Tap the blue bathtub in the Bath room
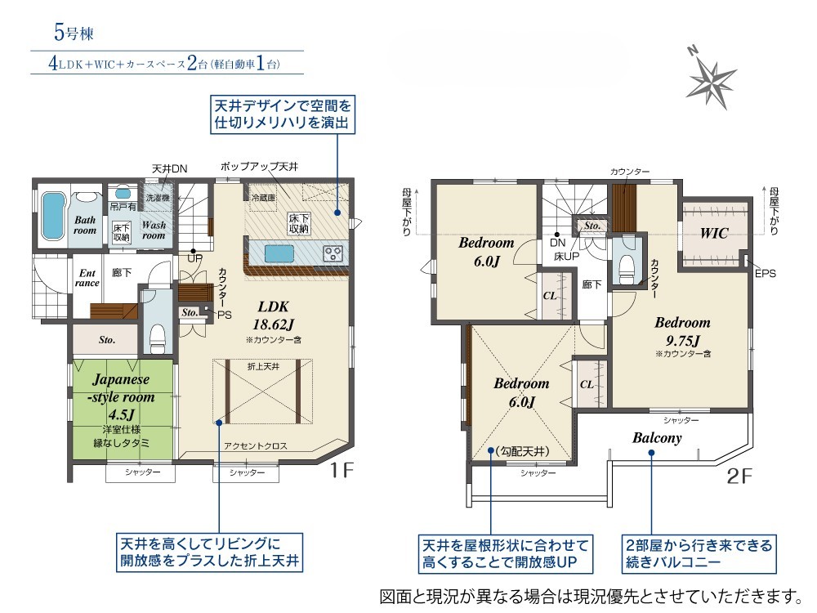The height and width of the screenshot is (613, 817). (52, 217)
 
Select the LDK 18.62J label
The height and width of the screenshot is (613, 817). (273, 315)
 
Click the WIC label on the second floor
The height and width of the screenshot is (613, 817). (713, 232)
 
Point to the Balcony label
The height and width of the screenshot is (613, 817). (657, 438)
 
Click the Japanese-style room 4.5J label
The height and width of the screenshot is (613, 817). (121, 396)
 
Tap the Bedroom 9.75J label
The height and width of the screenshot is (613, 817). (682, 331)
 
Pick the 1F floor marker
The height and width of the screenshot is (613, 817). (342, 471)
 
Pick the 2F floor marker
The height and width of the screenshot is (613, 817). (739, 476)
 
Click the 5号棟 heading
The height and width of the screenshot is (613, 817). (74, 33)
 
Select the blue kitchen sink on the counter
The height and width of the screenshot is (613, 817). (275, 254)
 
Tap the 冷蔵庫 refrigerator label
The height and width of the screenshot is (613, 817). (263, 198)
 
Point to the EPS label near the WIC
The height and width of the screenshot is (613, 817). (765, 273)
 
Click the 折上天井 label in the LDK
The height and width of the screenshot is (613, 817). (263, 366)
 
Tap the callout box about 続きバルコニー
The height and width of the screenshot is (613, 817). (699, 553)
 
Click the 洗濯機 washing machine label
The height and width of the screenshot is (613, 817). (158, 198)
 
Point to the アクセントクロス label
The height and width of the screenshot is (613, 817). (255, 445)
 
